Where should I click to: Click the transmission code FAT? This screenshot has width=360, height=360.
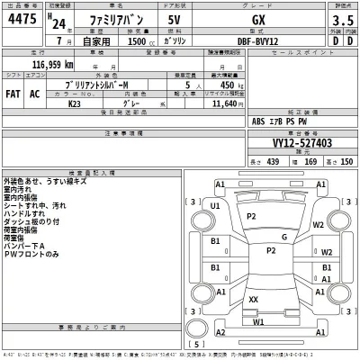pyautogui.click(x=13, y=93)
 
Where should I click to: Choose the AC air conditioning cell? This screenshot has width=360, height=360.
pyautogui.click(x=35, y=93)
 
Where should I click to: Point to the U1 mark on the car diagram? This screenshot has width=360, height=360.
pyautogui.click(x=215, y=206)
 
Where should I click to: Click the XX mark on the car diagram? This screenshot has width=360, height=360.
pyautogui.click(x=254, y=299)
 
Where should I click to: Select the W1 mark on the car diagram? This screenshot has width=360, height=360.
pyautogui.click(x=259, y=321)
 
